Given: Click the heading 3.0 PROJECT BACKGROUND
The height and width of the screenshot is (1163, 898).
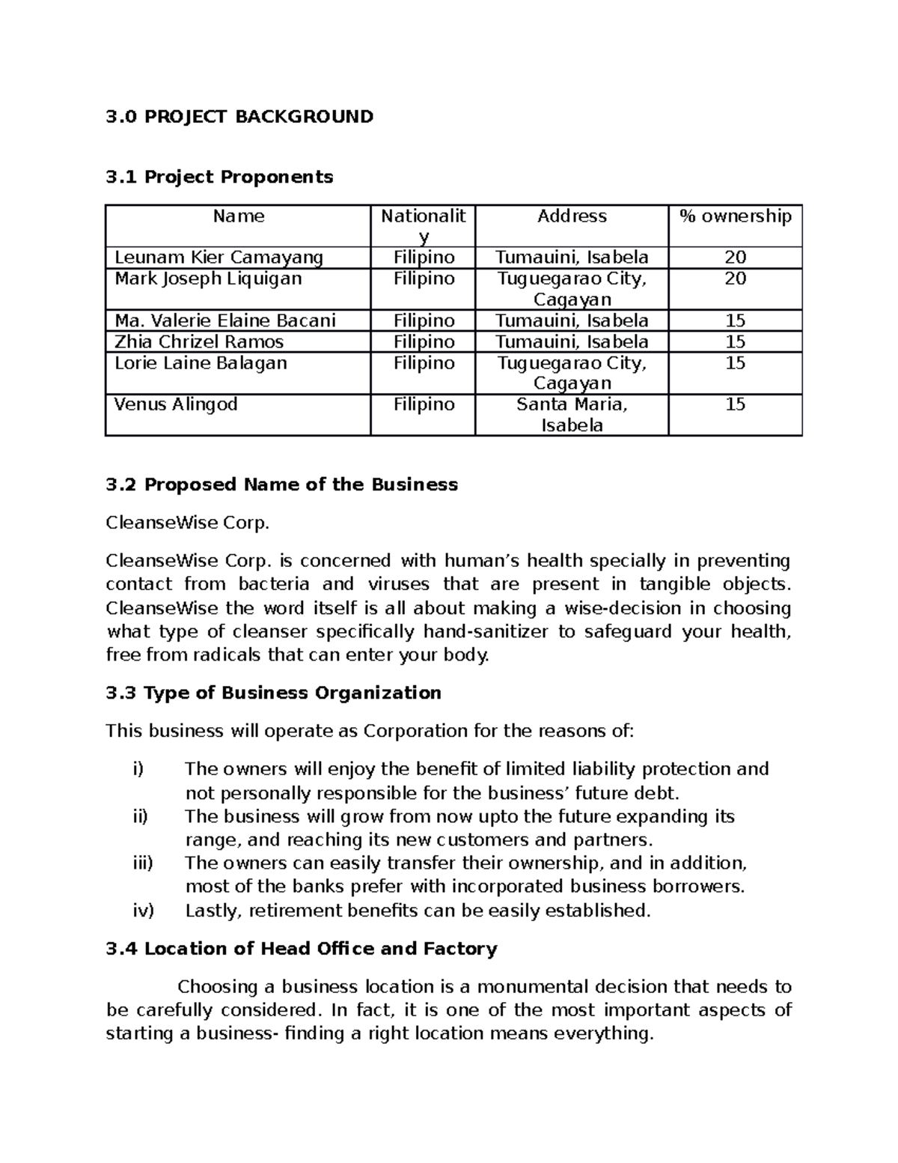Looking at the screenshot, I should tap(239, 117).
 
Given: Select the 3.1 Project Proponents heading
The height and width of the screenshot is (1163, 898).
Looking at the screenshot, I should tap(219, 177).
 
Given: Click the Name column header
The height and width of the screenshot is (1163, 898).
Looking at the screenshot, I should tap(238, 216).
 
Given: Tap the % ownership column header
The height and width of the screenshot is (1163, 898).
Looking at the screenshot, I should tap(735, 216).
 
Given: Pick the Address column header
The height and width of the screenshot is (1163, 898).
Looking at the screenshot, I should tap(572, 216).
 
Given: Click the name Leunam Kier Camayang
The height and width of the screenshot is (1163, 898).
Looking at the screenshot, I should tap(219, 258).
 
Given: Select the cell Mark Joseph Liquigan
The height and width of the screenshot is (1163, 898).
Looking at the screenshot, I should tap(208, 279).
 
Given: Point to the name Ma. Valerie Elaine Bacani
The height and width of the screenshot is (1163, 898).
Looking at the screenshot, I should tap(224, 321).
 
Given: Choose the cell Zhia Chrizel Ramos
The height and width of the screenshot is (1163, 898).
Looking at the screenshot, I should tap(199, 342).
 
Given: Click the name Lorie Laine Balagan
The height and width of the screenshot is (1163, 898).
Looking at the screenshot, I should tap(201, 363).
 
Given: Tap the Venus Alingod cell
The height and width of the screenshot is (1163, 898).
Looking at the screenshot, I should tap(176, 404).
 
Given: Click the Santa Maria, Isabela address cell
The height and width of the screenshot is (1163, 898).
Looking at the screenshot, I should tap(572, 415).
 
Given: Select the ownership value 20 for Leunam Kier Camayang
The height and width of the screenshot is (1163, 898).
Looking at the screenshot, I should tap(735, 258).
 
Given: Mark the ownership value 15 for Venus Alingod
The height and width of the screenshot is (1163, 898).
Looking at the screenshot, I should tap(735, 404).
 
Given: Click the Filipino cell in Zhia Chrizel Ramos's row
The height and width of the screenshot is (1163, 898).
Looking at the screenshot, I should tap(424, 342).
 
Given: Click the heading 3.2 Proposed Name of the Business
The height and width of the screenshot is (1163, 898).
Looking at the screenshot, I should tap(281, 485).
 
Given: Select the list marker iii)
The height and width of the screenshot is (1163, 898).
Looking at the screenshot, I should tap(141, 863).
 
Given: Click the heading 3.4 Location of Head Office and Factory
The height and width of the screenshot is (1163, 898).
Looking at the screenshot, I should tap(302, 950).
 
